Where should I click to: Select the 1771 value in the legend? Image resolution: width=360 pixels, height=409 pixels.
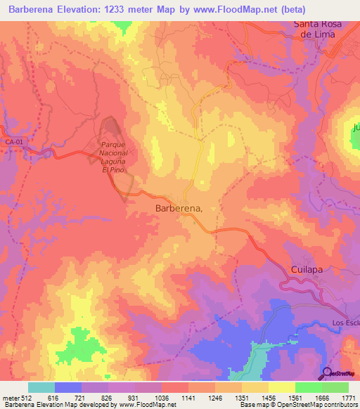pos(348,398)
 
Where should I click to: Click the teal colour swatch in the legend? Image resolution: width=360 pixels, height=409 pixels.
pos(41,387)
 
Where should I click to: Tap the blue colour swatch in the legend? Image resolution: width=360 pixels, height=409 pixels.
pos(68,387)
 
